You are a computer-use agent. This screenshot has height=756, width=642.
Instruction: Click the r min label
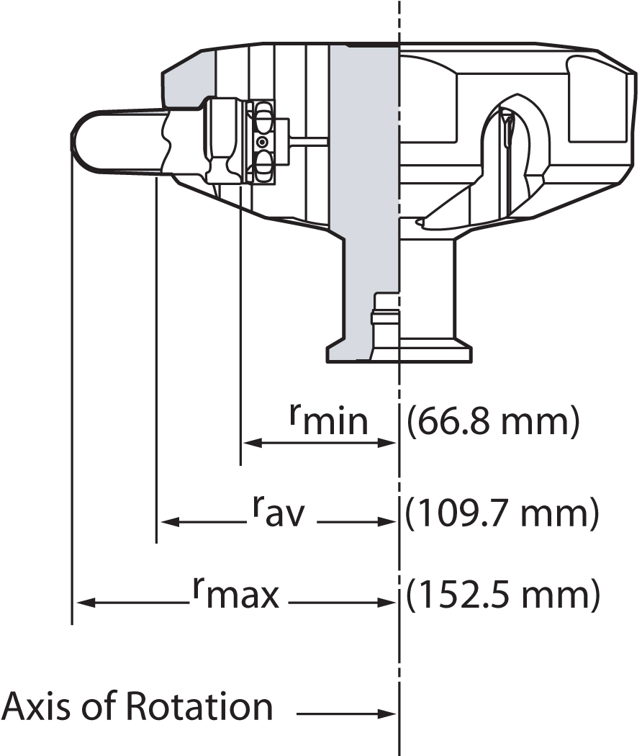pos(328,420)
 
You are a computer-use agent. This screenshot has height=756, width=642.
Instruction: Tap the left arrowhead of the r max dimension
pos(81,602)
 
